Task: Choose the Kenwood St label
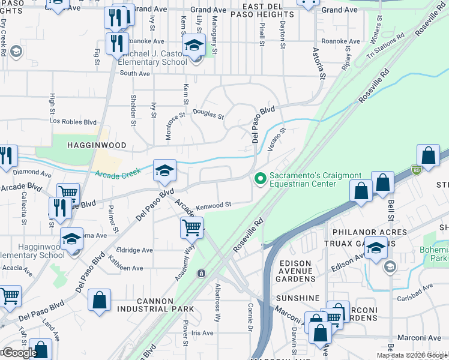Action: coord(214,205)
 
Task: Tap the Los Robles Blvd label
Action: coord(73,121)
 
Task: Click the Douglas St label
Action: coord(208,114)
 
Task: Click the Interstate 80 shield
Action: coord(416,170)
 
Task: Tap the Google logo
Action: coord(19,353)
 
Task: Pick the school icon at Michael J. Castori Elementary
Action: coord(194,44)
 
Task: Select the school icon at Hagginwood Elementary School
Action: coord(71,239)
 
